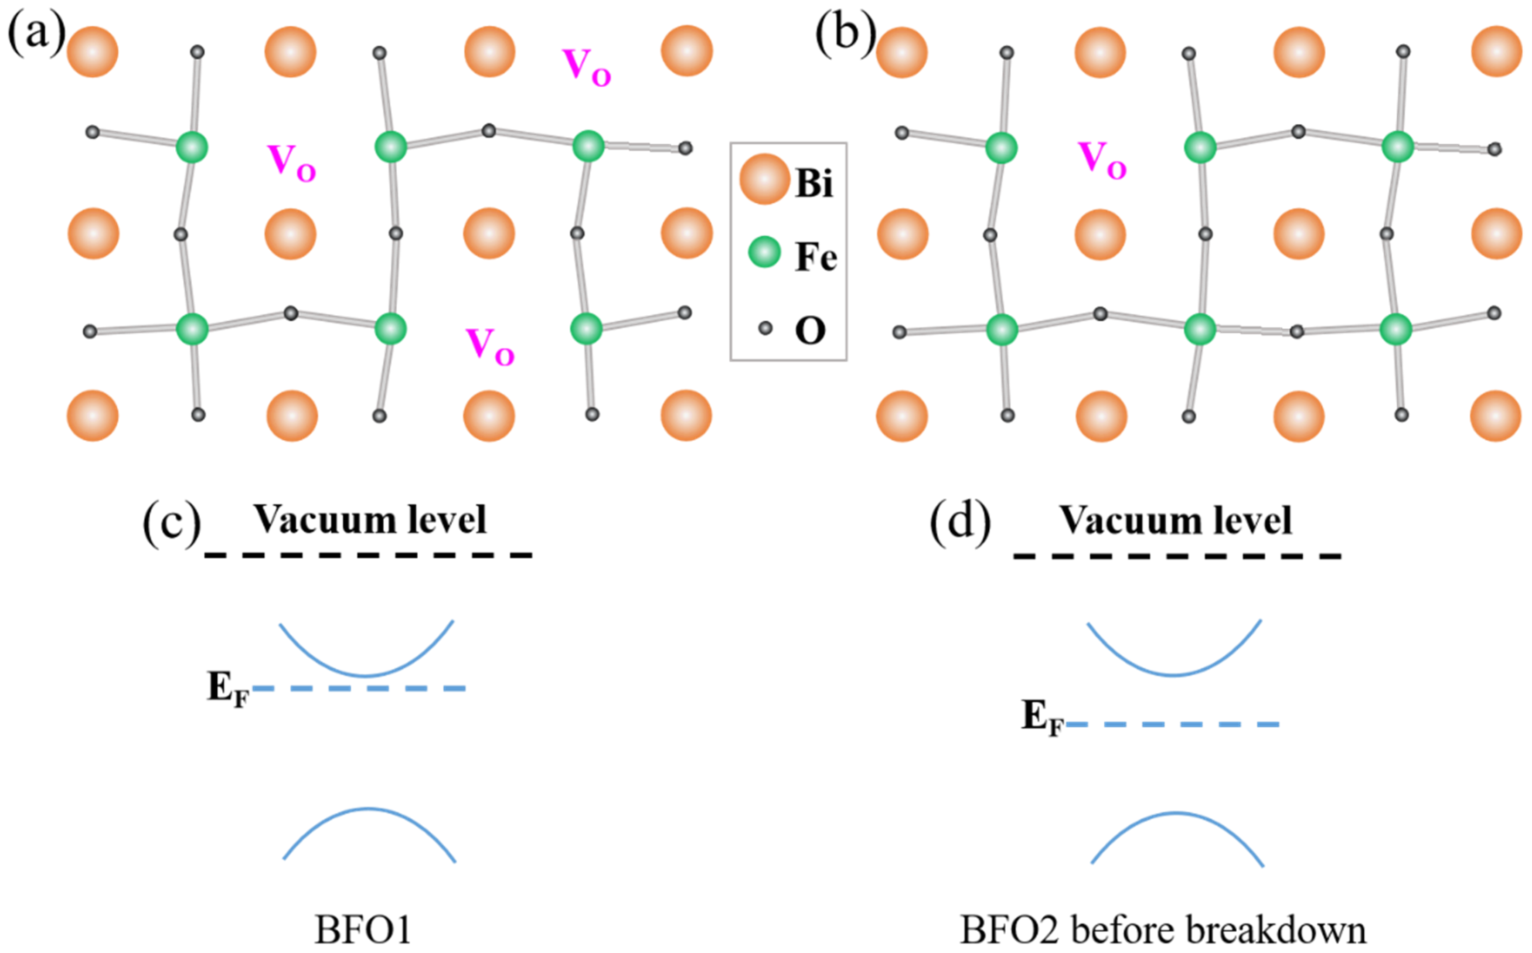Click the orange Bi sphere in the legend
pyautogui.click(x=764, y=180)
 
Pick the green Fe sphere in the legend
pyautogui.click(x=764, y=253)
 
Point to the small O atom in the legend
pyautogui.click(x=765, y=328)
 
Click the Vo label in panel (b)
pyautogui.click(x=1102, y=160)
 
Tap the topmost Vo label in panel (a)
pyautogui.click(x=586, y=67)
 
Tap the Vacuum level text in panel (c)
pyautogui.click(x=370, y=520)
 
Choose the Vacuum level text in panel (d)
pyautogui.click(x=1176, y=521)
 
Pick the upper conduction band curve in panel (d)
pyautogui.click(x=1174, y=674)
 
